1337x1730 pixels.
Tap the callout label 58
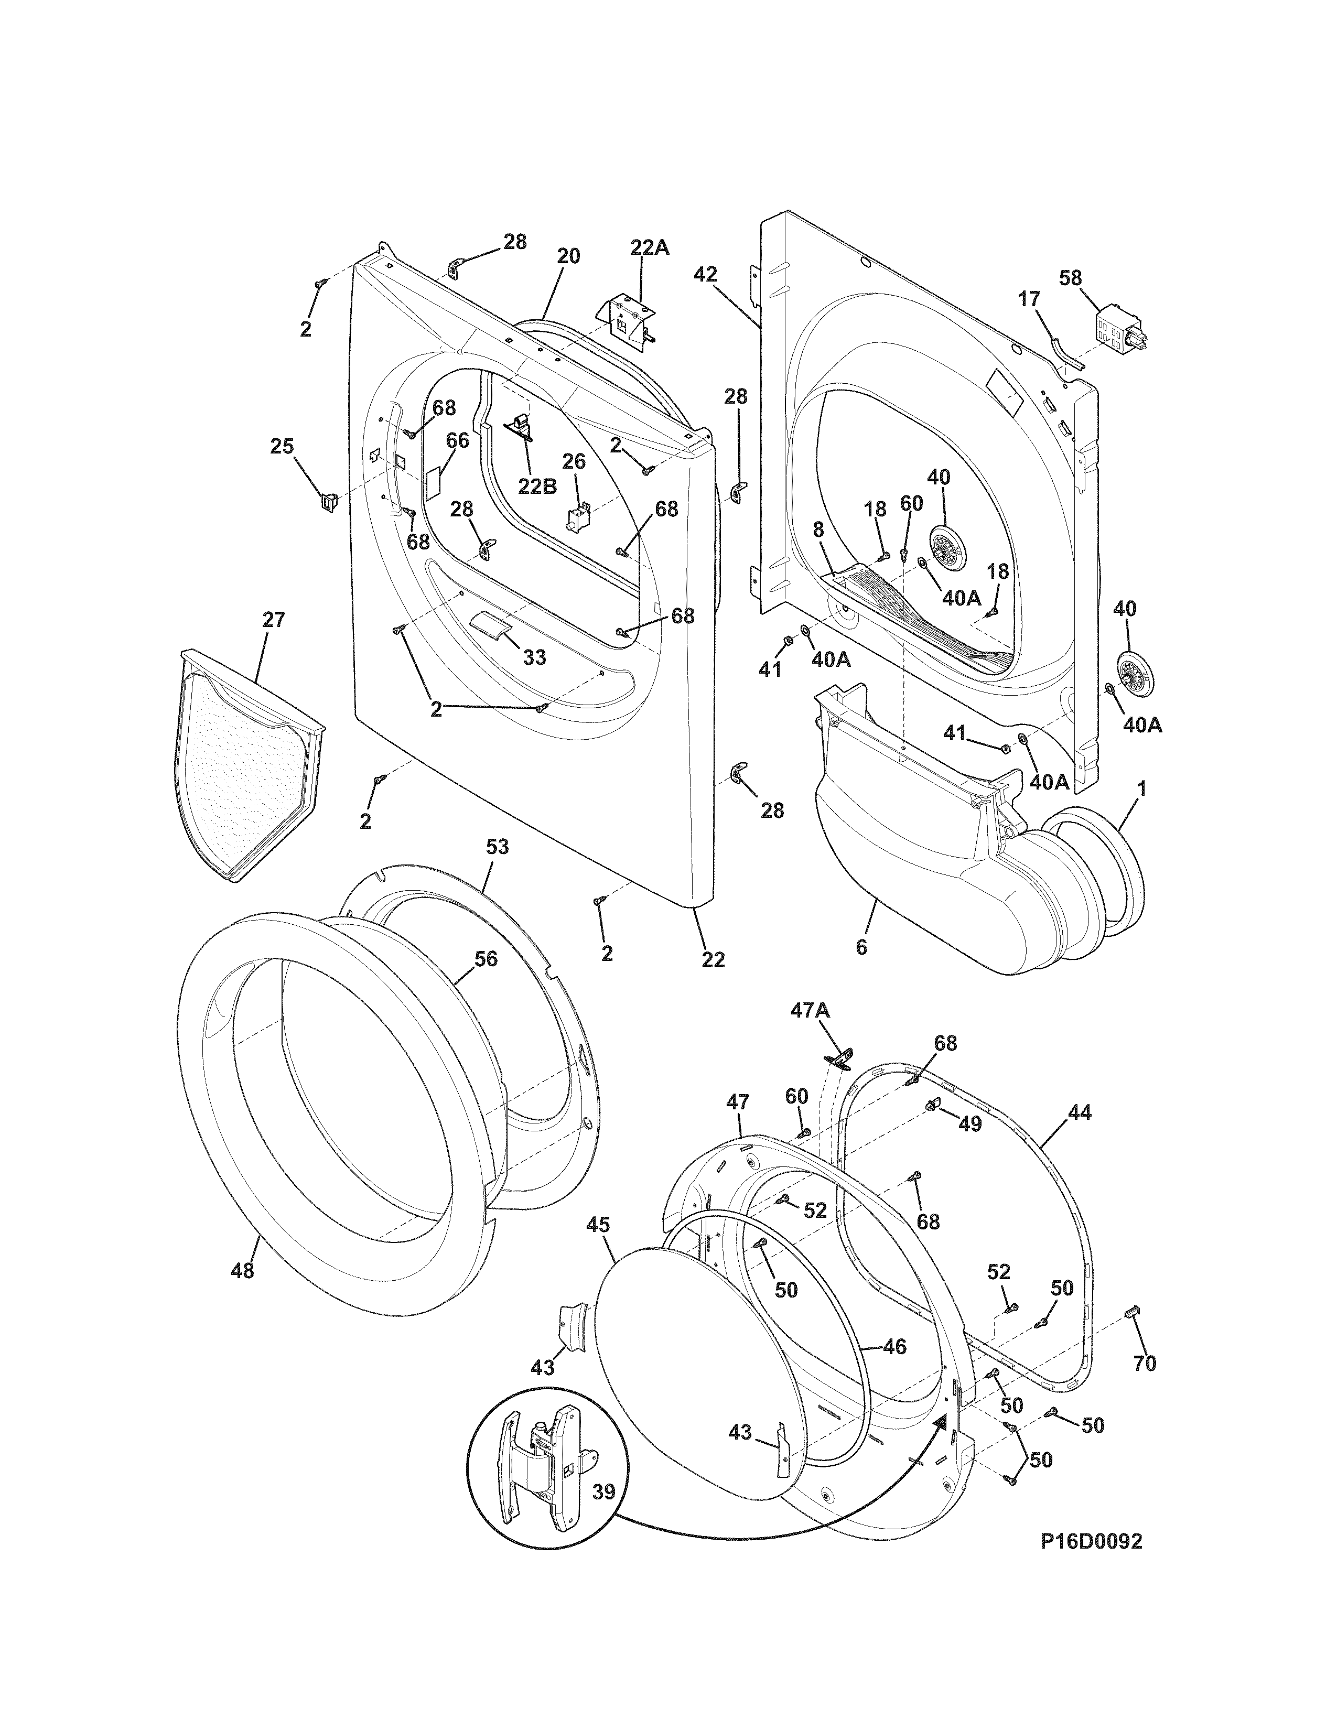[x=1071, y=278]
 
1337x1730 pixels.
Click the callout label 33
[x=535, y=657]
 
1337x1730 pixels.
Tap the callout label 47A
[x=810, y=1010]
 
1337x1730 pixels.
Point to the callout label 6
[x=861, y=946]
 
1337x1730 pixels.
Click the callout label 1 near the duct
[x=1142, y=790]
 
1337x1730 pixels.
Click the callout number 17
[x=1028, y=299]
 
